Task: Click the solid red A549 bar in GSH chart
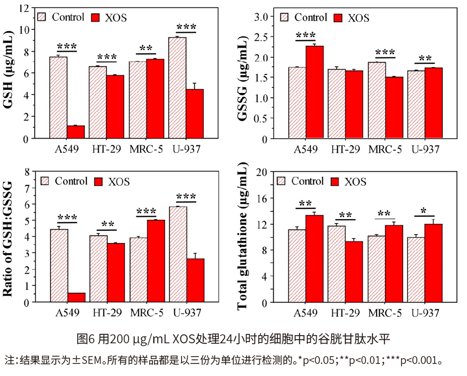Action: point(76,132)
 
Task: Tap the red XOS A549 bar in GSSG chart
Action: point(315,92)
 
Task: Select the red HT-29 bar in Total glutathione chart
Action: point(354,271)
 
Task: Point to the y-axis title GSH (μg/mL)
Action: point(8,69)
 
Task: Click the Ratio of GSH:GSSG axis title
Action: point(8,239)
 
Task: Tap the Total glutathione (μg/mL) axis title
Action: point(243,236)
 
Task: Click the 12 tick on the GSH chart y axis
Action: point(25,8)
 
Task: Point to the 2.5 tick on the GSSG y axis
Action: point(261,37)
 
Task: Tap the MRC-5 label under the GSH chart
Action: point(146,149)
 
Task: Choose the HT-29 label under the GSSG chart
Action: point(345,149)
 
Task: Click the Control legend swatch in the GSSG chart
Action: point(284,17)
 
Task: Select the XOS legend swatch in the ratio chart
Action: point(98,182)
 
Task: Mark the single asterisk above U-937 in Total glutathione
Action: point(423,211)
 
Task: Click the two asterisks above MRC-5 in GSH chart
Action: point(146,48)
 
